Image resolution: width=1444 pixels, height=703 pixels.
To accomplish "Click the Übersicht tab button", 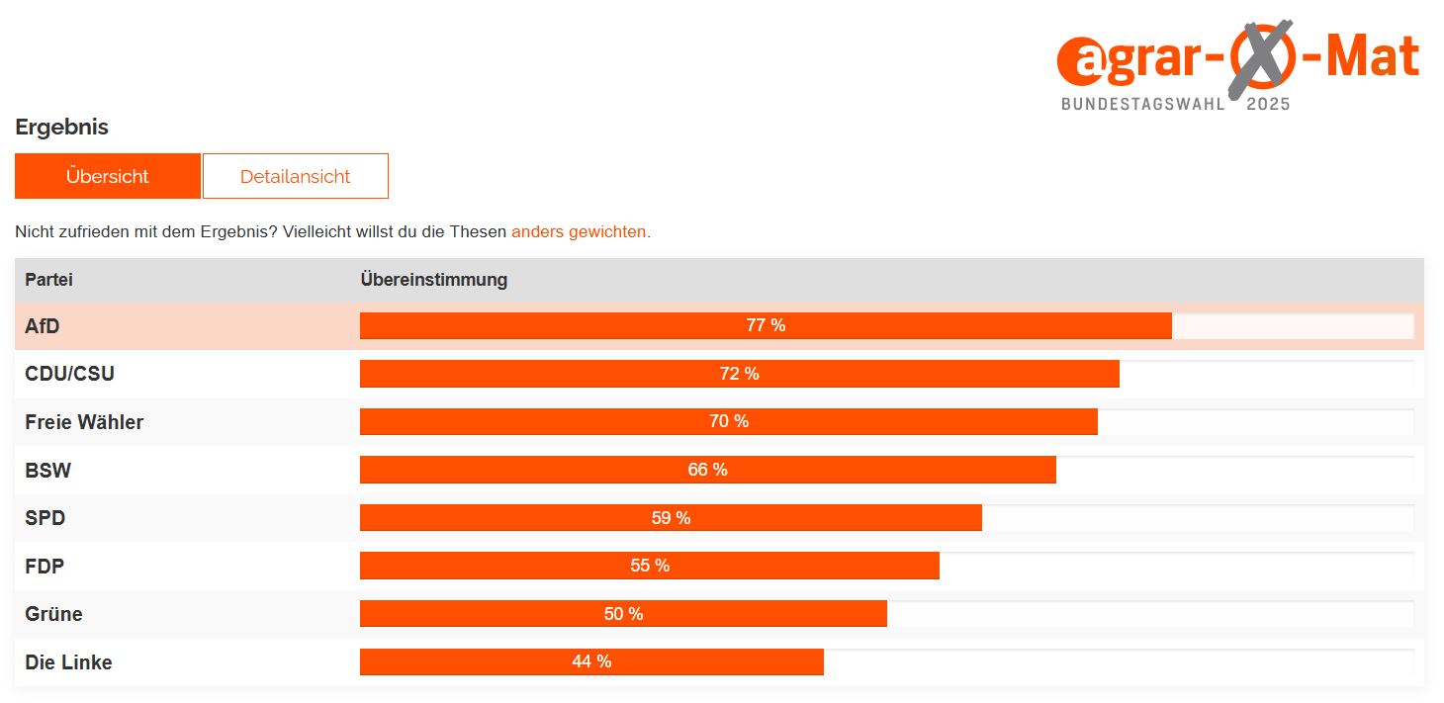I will click(107, 176).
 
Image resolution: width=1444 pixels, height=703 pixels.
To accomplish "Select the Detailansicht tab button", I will click(295, 176).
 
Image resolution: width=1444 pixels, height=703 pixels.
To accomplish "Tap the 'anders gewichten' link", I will click(579, 232).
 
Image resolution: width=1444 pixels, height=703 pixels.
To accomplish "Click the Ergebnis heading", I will click(61, 127).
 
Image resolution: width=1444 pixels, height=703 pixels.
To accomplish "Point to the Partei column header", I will click(48, 280).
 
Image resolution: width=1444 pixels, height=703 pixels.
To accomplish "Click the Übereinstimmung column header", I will click(433, 280).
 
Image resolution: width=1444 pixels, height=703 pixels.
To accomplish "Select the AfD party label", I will click(43, 326).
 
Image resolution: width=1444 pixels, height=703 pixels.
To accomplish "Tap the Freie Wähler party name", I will click(84, 422).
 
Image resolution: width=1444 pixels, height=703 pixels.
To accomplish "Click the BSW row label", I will click(47, 471).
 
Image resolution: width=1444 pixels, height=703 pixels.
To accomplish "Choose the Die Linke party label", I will click(68, 662).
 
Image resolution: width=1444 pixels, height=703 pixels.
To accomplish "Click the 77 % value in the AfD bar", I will click(766, 325).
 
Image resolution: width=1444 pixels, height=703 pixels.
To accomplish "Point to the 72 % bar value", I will click(739, 374).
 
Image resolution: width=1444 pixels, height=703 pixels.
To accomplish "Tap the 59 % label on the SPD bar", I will click(671, 518).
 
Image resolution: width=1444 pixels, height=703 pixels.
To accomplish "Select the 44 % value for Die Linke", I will click(591, 661).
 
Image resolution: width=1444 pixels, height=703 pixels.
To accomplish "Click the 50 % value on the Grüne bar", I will click(623, 614).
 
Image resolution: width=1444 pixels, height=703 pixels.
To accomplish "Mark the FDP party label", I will click(45, 567).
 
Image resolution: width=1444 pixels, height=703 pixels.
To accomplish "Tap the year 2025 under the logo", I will click(1268, 104).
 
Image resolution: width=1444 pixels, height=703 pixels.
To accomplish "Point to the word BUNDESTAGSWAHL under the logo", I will click(1142, 104).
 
